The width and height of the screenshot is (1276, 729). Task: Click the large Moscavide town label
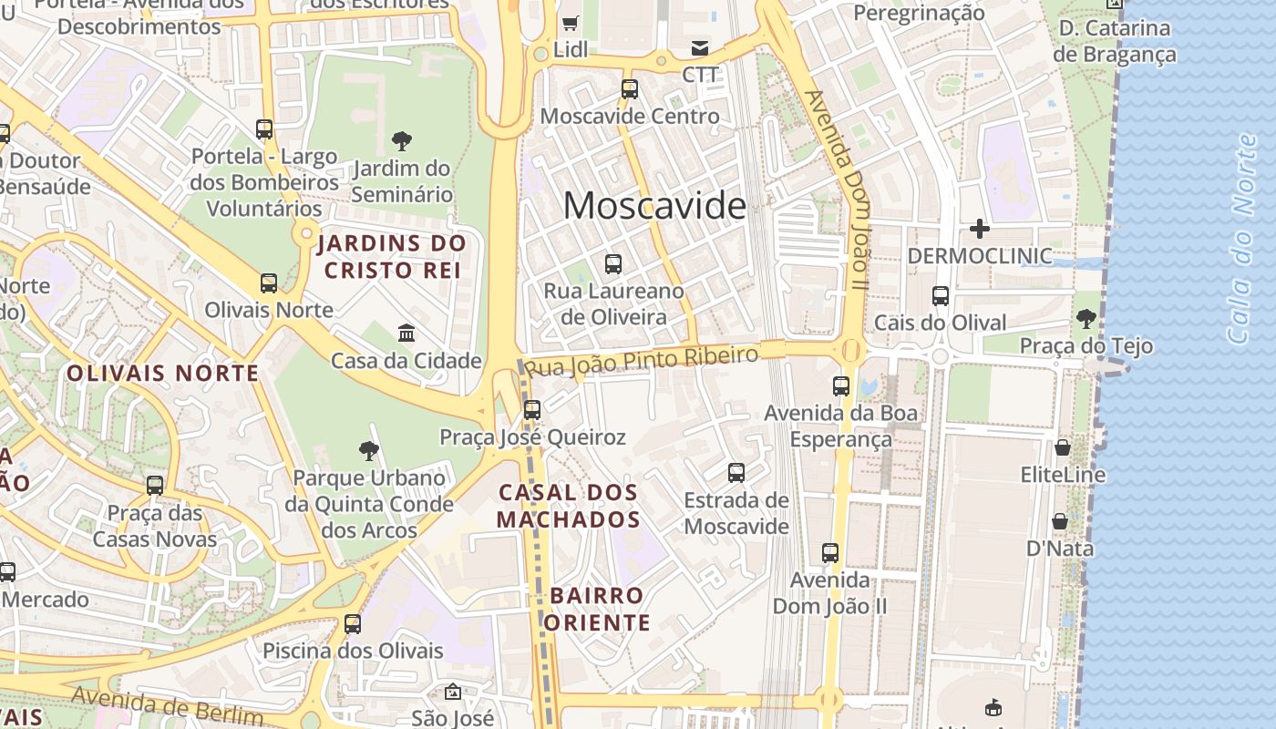[x=654, y=207]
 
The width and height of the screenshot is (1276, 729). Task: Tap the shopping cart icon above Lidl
[x=571, y=23]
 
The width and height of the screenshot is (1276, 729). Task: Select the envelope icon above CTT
[x=699, y=47]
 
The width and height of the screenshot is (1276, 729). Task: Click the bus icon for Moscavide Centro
[x=629, y=89]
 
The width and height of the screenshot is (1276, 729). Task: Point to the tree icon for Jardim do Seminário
[x=401, y=141]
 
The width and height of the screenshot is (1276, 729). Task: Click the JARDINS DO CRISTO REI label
[x=392, y=257]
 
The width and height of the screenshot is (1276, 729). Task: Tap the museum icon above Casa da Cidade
[x=406, y=334]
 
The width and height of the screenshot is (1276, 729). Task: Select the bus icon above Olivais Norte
[x=268, y=283]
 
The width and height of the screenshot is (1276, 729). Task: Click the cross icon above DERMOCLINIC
[x=980, y=228]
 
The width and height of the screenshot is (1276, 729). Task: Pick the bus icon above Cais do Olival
[x=941, y=296]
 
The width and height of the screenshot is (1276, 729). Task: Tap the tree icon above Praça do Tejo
[x=1086, y=319]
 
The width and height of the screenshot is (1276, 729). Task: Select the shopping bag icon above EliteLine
[x=1063, y=447]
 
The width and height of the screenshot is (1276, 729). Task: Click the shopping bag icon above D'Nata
[x=1059, y=521]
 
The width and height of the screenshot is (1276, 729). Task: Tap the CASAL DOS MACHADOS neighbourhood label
[x=569, y=506]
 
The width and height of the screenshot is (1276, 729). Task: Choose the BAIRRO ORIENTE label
[x=599, y=609]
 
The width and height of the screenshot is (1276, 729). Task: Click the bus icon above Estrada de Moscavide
[x=736, y=473]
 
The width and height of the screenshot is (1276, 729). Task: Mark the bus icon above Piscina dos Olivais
[x=353, y=624]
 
